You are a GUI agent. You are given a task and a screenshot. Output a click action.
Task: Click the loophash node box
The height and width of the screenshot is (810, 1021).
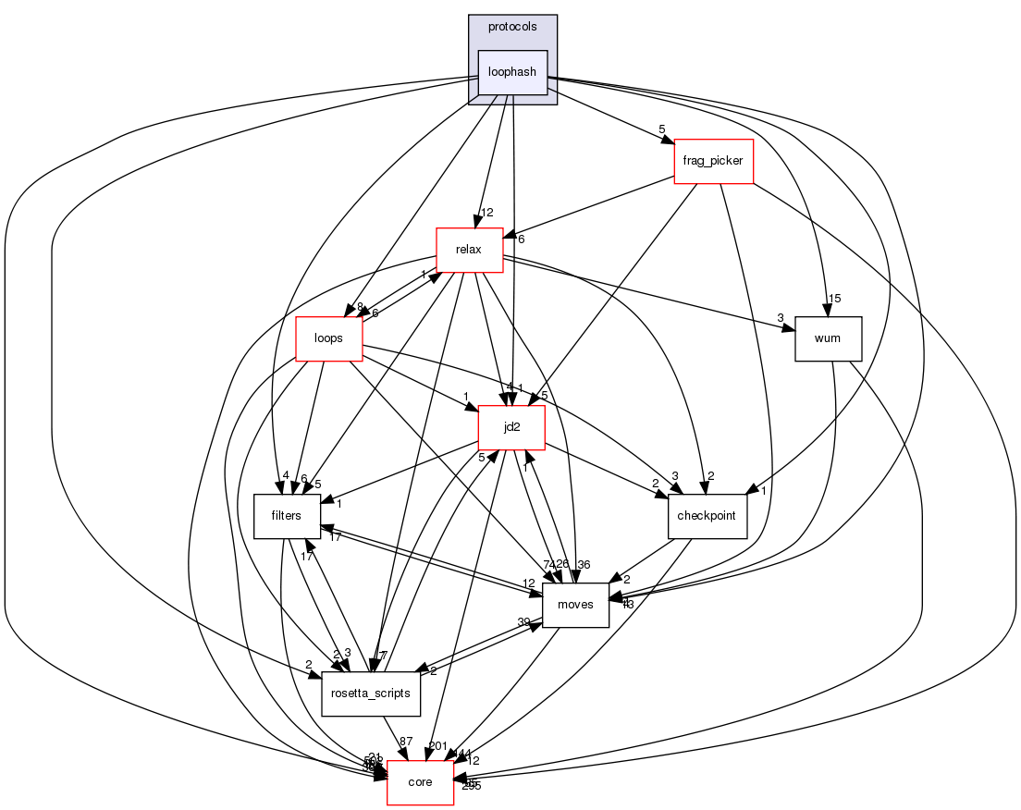point(512,72)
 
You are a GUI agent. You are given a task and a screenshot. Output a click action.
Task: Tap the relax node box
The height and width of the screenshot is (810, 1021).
point(470,250)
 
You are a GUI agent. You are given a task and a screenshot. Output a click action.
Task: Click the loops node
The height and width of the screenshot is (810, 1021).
point(328,338)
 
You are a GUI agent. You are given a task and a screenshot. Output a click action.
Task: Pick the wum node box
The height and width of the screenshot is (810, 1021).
point(828,338)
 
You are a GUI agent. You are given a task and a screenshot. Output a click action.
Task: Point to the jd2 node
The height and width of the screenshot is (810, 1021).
point(511,428)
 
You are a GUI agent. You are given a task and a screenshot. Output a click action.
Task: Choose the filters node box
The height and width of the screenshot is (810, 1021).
point(288,516)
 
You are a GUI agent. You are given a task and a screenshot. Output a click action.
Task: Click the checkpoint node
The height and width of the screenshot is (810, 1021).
point(707,516)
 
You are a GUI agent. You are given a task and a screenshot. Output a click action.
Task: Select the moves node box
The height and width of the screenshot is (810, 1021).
point(575,605)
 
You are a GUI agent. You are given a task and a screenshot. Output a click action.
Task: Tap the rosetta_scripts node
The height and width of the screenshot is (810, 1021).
point(371,693)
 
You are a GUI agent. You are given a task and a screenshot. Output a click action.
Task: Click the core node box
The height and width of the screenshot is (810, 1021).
point(420,782)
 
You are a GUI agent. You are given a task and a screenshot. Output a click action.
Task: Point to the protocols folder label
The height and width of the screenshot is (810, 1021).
point(512,27)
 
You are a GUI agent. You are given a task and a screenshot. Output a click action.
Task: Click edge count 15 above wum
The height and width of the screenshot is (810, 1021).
point(834,298)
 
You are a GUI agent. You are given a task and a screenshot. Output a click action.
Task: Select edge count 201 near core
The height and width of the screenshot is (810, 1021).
point(437,745)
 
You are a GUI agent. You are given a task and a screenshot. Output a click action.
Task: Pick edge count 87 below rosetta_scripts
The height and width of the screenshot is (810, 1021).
point(405,742)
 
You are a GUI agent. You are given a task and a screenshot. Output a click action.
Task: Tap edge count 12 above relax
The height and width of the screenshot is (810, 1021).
point(486,213)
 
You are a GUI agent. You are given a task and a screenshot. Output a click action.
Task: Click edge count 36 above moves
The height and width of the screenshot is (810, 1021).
point(584,564)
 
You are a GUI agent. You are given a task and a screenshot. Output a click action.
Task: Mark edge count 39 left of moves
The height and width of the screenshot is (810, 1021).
point(523,621)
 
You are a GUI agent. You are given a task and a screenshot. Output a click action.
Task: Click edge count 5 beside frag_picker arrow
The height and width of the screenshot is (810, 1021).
point(661,129)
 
